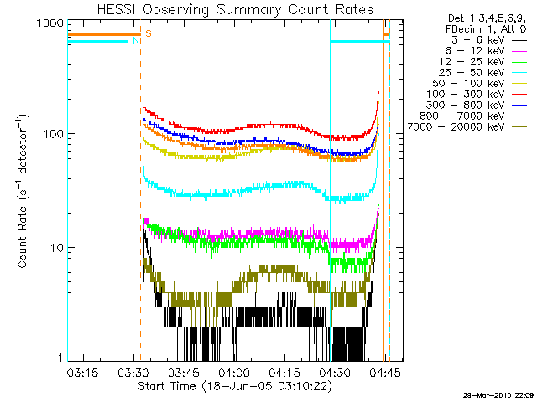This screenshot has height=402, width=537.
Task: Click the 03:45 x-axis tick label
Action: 183,372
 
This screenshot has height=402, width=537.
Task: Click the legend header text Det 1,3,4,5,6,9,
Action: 484,18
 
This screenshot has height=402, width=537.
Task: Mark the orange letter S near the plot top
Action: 148,33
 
